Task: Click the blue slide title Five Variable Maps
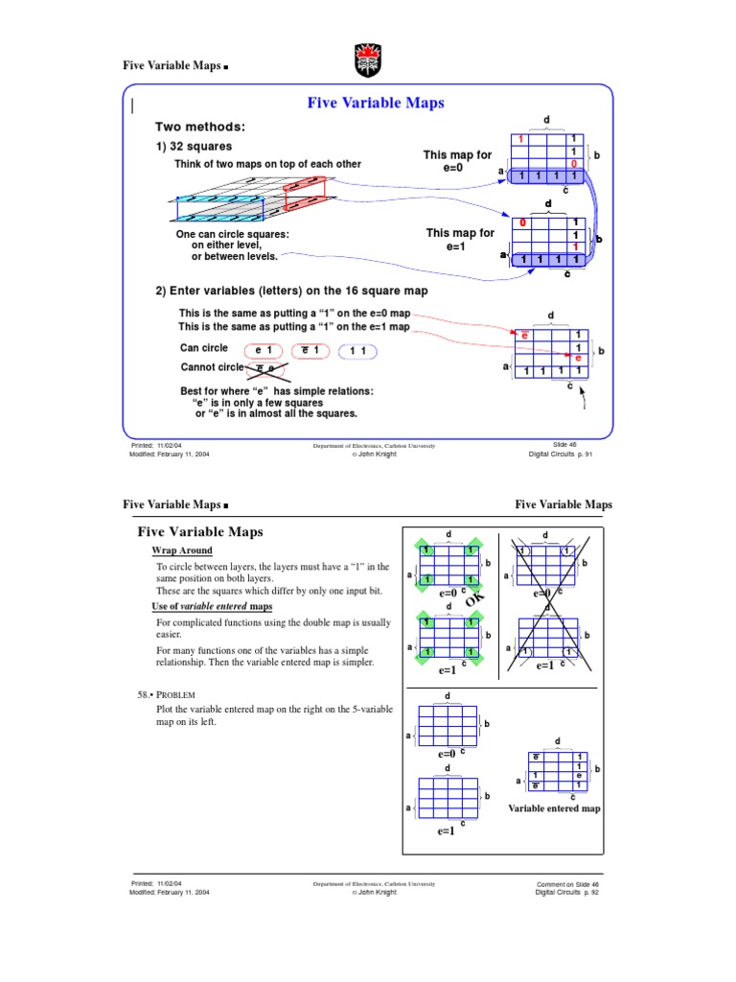point(374,103)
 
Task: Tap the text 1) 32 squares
point(194,147)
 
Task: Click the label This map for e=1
point(460,240)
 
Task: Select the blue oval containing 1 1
point(357,351)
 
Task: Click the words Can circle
point(204,348)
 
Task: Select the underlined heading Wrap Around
point(182,550)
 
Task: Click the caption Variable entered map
point(554,808)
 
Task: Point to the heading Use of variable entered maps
point(212,607)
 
